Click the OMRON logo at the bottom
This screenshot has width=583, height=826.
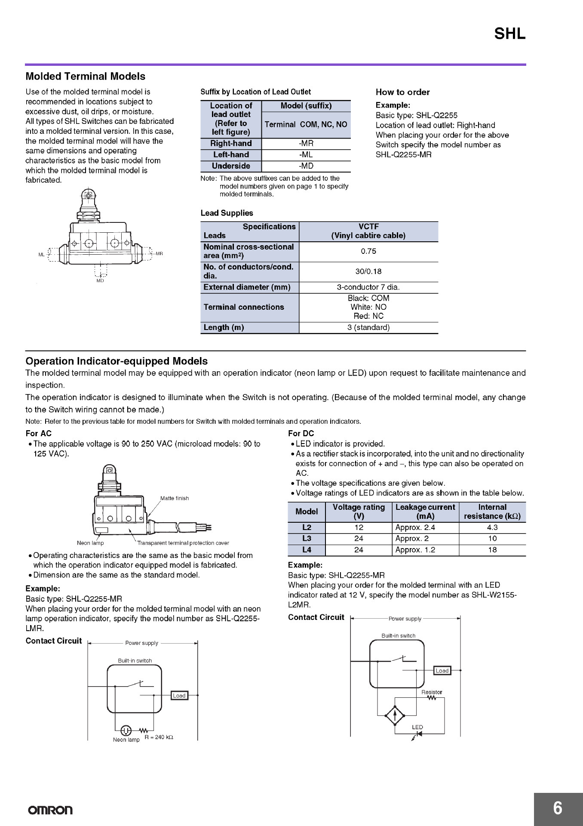click(50, 810)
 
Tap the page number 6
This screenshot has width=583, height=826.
click(558, 808)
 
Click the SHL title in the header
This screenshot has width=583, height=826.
click(509, 34)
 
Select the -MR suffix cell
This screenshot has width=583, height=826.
click(306, 144)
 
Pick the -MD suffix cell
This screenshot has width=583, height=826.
click(306, 166)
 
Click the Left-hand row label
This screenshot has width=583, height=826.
click(231, 155)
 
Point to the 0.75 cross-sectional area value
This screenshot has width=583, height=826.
click(368, 252)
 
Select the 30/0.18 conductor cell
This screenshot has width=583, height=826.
click(368, 271)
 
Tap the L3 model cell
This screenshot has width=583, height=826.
click(307, 539)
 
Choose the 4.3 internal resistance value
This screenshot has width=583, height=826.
click(492, 527)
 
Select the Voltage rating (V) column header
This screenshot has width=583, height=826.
click(359, 512)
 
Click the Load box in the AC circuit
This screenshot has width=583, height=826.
click(179, 696)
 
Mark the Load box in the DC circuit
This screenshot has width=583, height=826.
click(442, 671)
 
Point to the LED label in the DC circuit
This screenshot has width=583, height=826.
click(417, 727)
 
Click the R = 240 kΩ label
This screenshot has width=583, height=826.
click(159, 737)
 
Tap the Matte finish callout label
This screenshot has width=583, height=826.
click(175, 498)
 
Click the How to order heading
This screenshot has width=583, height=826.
click(402, 92)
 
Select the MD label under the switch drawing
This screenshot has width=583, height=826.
click(100, 280)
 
